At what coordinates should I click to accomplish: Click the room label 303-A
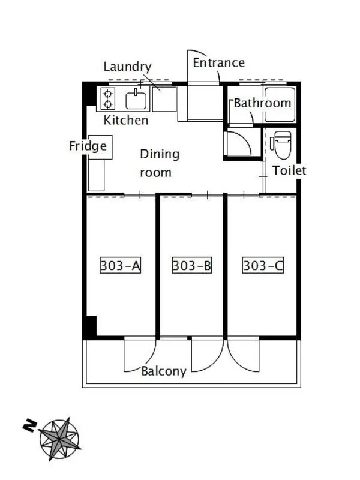point(121,265)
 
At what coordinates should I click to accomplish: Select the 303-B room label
point(191,265)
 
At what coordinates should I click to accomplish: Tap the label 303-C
point(263,265)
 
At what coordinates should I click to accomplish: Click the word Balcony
point(163,371)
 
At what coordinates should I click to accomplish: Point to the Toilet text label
point(289,170)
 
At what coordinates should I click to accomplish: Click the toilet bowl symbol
point(282,145)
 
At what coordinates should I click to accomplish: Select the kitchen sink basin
point(136,100)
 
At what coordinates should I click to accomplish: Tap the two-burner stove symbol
point(108,98)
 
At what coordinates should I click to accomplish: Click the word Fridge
point(88,146)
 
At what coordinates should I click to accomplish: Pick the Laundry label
point(127,67)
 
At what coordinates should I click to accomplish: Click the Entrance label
point(218,63)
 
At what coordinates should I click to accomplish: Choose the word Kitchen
point(126,120)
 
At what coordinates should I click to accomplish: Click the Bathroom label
point(262,103)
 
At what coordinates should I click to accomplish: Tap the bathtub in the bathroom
point(280,104)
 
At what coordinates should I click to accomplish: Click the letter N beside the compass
point(30,425)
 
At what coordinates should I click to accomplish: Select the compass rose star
point(59,439)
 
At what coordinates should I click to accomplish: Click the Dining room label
point(160,163)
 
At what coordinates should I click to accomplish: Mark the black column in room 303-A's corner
point(91,327)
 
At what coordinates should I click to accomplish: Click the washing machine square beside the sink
point(164,99)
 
